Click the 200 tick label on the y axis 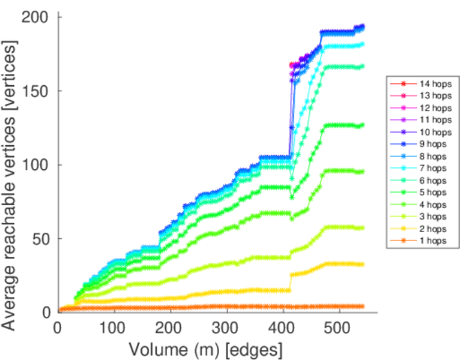click(x=36, y=17)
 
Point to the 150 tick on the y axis click(x=36, y=91)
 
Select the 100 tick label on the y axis click(x=36, y=165)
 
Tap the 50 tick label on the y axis click(x=40, y=239)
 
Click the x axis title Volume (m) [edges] click(x=204, y=348)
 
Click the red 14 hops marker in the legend click(x=404, y=85)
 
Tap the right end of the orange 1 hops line click(x=362, y=307)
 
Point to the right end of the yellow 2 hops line click(x=362, y=264)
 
